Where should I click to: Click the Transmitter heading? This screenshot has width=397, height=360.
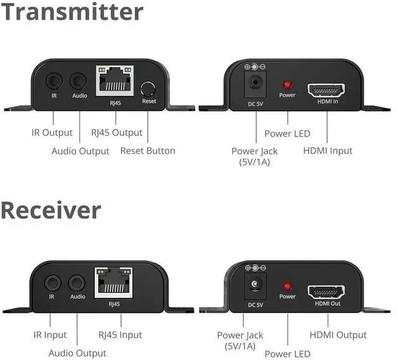(72, 12)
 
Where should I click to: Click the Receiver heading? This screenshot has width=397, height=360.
(51, 211)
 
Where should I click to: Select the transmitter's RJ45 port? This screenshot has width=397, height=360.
(115, 80)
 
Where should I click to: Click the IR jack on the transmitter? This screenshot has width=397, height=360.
(54, 81)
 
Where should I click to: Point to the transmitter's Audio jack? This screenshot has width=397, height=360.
(79, 81)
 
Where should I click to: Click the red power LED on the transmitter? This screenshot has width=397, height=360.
(287, 84)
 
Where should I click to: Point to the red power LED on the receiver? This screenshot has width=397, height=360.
(287, 286)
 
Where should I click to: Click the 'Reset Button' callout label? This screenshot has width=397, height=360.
(148, 151)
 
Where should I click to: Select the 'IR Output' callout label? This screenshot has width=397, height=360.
(52, 133)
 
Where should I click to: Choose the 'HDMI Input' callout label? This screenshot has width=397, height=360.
(328, 151)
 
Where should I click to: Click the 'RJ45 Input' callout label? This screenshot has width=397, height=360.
(120, 335)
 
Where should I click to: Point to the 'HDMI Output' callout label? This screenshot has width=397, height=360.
(338, 335)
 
